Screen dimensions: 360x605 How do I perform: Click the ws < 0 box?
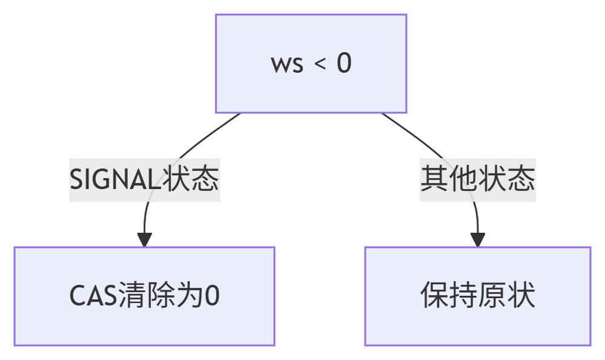click(311, 64)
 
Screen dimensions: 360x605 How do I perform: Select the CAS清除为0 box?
click(144, 296)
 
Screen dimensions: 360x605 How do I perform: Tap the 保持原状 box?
click(477, 296)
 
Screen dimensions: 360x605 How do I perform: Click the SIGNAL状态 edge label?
click(144, 179)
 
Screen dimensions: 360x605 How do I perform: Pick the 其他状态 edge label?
click(478, 179)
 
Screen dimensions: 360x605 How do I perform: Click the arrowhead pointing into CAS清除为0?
click(144, 239)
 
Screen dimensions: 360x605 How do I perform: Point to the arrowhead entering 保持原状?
click(478, 239)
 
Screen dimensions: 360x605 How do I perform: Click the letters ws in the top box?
click(287, 64)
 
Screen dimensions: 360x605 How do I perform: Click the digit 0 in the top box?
click(343, 64)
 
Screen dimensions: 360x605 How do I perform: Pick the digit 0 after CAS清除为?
click(212, 296)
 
